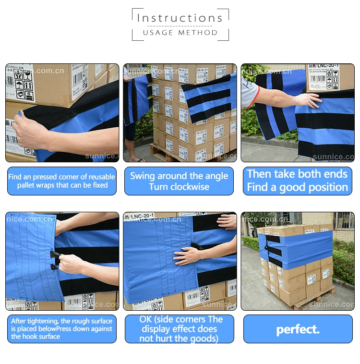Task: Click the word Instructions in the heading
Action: (x=180, y=18)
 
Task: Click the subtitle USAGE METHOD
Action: (x=180, y=33)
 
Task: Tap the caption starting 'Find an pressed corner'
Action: (x=61, y=181)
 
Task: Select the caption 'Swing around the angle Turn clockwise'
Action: (x=179, y=181)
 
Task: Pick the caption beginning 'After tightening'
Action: (x=61, y=328)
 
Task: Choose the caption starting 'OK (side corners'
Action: (x=179, y=329)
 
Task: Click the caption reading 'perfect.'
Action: (x=297, y=329)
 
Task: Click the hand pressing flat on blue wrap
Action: (x=188, y=255)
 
